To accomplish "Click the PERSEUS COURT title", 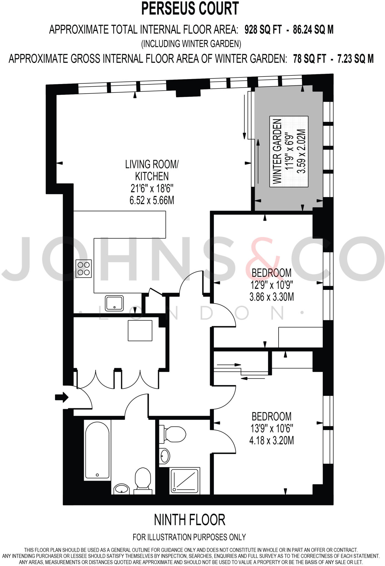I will pos(190,9).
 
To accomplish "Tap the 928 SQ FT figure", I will pos(263,29).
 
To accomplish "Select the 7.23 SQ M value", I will pos(355,59).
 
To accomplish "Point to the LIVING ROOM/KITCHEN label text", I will pos(152,170).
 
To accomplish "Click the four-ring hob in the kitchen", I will pos(84,268).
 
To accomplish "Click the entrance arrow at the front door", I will pos(61,397).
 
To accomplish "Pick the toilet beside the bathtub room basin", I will pos(143,480).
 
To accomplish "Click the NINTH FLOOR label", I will pos(190,520).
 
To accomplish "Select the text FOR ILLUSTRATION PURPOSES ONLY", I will pos(189,537).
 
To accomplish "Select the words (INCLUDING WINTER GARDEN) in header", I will pos(191,44).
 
